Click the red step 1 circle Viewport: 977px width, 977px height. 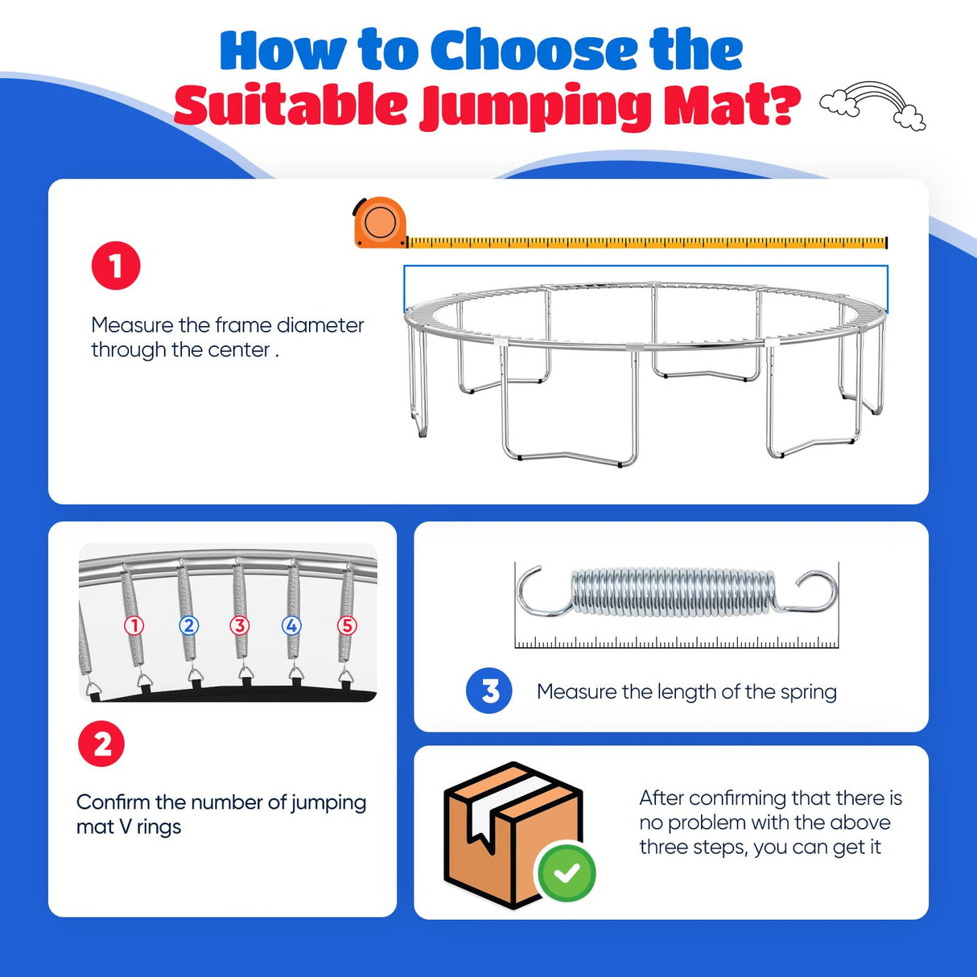click(x=116, y=265)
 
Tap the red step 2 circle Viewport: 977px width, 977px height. click(x=101, y=744)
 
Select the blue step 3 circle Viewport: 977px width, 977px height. click(x=488, y=690)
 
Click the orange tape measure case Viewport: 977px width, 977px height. click(x=380, y=223)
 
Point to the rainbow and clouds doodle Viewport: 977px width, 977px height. click(x=872, y=105)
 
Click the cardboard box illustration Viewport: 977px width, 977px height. click(x=513, y=835)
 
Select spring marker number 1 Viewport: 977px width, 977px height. click(x=134, y=625)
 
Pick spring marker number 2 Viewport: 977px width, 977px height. click(x=188, y=625)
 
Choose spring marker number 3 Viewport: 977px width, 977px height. click(x=240, y=625)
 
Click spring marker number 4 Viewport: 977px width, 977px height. click(x=291, y=625)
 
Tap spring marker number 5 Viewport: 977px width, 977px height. click(x=348, y=625)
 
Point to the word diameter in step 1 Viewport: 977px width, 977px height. click(x=320, y=325)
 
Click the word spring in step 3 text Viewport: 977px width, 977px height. click(x=808, y=693)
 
